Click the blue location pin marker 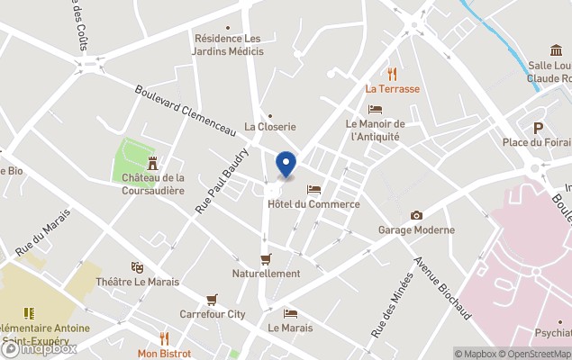[286, 165]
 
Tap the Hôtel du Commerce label [313, 204]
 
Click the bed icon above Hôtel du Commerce [313, 189]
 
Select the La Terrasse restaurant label [392, 89]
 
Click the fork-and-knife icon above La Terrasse [392, 74]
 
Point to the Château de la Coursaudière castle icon [153, 163]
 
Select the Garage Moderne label [416, 229]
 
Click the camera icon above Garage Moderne [416, 215]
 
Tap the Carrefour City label [213, 314]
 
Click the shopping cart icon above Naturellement [266, 258]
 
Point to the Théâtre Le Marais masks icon [137, 267]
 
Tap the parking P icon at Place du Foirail [539, 127]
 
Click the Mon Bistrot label [164, 354]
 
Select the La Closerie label [270, 127]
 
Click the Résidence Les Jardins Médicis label [229, 45]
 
